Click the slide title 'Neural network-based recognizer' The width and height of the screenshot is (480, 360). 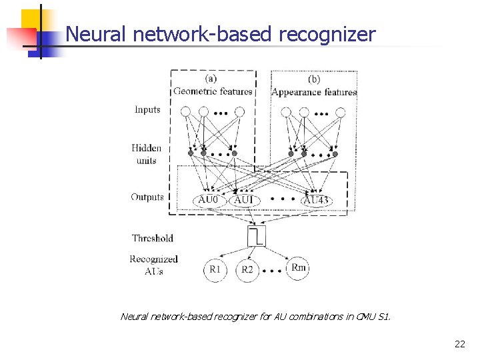(221, 34)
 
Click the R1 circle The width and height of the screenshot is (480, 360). (215, 269)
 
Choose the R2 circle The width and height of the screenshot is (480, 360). (247, 270)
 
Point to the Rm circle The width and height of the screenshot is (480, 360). (298, 267)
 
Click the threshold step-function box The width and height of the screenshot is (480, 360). (257, 235)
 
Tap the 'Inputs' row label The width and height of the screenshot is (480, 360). (147, 109)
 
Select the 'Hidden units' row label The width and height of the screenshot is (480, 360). (145, 154)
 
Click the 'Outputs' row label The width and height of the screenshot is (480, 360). (147, 197)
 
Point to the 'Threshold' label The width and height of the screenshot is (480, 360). (152, 238)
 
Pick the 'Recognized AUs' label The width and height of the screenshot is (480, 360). (153, 265)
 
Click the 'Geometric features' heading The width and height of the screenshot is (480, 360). (213, 91)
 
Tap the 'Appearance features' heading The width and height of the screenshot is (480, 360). (314, 92)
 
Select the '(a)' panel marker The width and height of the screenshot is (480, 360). (211, 78)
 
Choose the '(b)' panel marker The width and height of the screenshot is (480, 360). (314, 79)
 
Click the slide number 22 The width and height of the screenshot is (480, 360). (460, 344)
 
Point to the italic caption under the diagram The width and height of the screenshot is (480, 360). (255, 316)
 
